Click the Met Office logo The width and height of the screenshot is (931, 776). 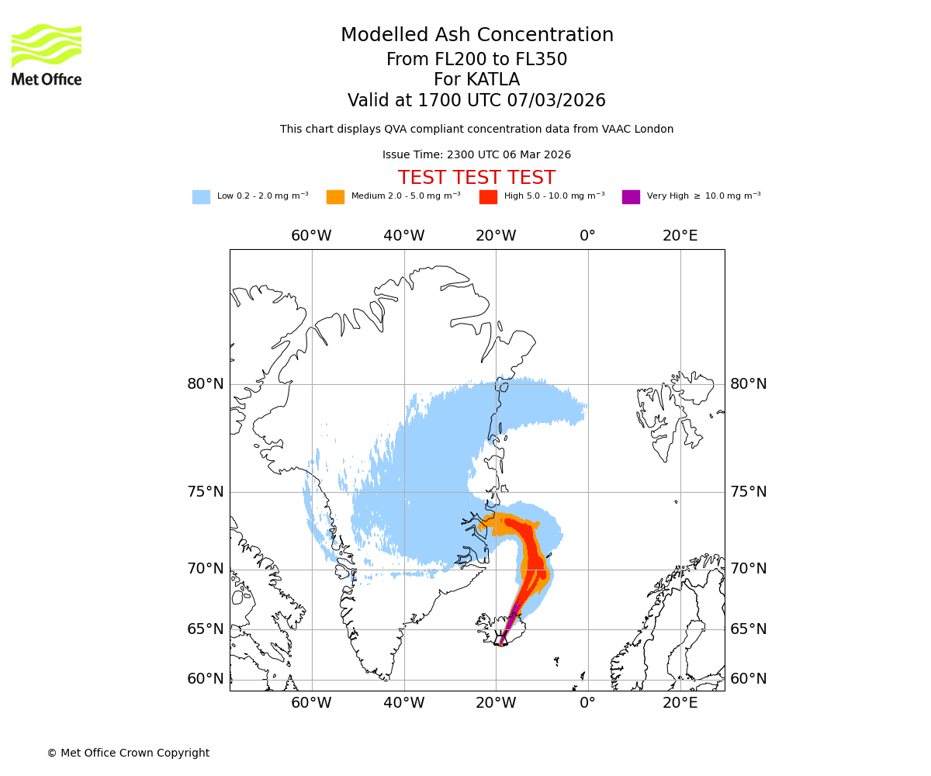coord(47,54)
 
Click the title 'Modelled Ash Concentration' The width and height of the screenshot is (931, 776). coord(476,36)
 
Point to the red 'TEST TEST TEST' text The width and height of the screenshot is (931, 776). coord(476,178)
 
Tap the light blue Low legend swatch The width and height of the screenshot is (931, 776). coord(201,197)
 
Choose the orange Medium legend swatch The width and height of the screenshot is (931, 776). coord(335,197)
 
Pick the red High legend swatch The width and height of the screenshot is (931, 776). coord(488,197)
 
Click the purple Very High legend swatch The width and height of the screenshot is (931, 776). coord(631,197)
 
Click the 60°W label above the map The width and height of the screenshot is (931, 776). coord(311,236)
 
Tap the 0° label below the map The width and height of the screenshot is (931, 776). coord(588,703)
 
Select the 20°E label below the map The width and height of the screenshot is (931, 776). coord(680,703)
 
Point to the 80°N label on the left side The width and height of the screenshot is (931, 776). coord(205,384)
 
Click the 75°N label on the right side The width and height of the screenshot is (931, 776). coord(748,492)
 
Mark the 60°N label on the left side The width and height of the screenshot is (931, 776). coord(205,679)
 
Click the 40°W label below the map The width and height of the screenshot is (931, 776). coord(403,703)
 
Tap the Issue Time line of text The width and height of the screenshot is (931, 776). coord(476,155)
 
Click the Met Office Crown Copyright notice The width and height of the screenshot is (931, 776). coord(128,753)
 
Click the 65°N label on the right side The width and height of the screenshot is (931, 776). coord(748,629)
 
